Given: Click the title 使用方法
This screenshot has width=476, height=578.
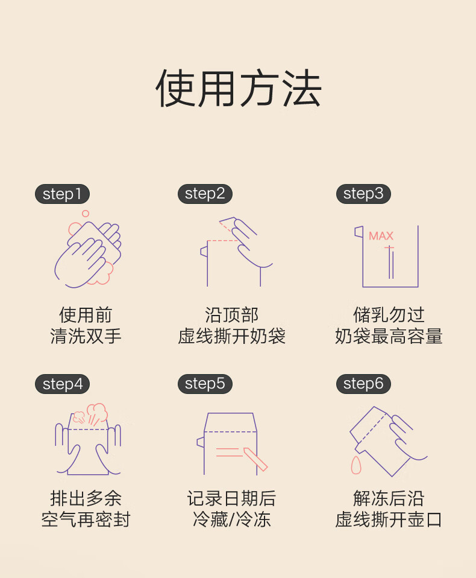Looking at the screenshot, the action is (239, 88).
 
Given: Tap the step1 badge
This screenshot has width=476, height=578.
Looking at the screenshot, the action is (62, 194).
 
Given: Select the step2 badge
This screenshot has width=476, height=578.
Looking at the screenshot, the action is (205, 194).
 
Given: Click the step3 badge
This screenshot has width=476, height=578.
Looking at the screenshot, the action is (363, 194).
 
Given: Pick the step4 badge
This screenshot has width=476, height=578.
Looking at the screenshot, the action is (62, 384).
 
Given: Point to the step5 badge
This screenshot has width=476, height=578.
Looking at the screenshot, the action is (205, 384).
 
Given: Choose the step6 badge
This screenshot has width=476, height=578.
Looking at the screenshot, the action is (363, 384).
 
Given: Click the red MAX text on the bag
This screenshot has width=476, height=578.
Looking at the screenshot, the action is (381, 236).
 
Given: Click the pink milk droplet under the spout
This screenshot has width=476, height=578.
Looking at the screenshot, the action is (356, 465).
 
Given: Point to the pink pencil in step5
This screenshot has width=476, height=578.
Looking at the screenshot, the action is (255, 459).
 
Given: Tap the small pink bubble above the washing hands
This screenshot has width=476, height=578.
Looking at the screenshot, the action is (86, 214).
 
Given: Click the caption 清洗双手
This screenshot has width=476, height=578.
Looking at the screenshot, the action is (86, 336).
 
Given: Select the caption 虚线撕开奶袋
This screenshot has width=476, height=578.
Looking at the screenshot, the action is (231, 336).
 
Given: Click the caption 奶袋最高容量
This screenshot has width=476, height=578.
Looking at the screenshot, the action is (389, 336).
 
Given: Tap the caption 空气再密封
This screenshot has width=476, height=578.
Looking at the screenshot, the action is (86, 519).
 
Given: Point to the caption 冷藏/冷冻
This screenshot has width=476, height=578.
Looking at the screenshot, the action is (231, 519).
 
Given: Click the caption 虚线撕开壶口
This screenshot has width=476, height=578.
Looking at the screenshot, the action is (389, 519).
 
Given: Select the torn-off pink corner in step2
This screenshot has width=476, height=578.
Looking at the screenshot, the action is (228, 224).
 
